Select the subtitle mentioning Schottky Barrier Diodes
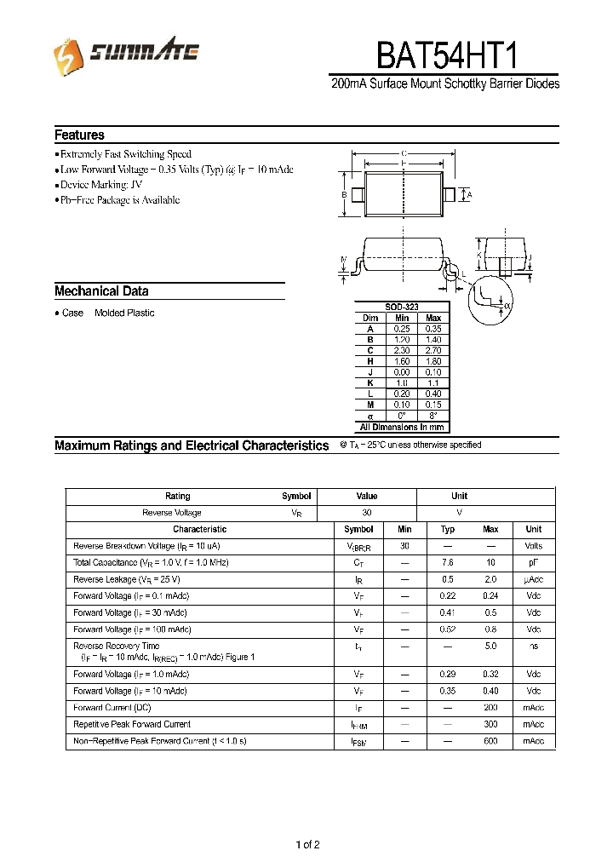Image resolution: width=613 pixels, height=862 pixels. [444, 84]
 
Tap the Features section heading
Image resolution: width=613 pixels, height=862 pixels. [79, 135]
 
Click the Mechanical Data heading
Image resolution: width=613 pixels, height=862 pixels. [101, 290]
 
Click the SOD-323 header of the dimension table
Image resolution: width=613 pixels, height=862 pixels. [402, 307]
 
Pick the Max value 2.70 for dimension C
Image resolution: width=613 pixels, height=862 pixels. [433, 350]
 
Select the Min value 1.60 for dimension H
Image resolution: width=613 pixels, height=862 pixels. [402, 361]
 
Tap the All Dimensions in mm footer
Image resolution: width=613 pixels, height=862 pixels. [402, 427]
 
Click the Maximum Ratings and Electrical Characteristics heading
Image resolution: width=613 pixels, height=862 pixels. [192, 445]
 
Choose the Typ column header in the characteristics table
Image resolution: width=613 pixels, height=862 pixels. [448, 529]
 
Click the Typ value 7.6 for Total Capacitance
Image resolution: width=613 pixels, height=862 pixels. [448, 563]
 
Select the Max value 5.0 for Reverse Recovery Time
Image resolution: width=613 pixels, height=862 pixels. [490, 646]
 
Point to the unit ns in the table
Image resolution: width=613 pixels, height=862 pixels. [533, 646]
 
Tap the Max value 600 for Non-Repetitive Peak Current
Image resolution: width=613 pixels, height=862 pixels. [490, 741]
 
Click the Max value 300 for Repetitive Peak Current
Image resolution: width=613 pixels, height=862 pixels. [490, 724]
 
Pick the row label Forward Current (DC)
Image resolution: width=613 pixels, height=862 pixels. [112, 707]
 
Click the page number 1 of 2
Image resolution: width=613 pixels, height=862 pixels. [307, 845]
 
